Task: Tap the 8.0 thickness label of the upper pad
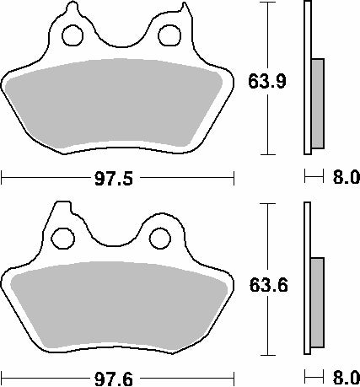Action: tap(347, 177)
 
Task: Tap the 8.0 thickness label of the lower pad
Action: tap(347, 379)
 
